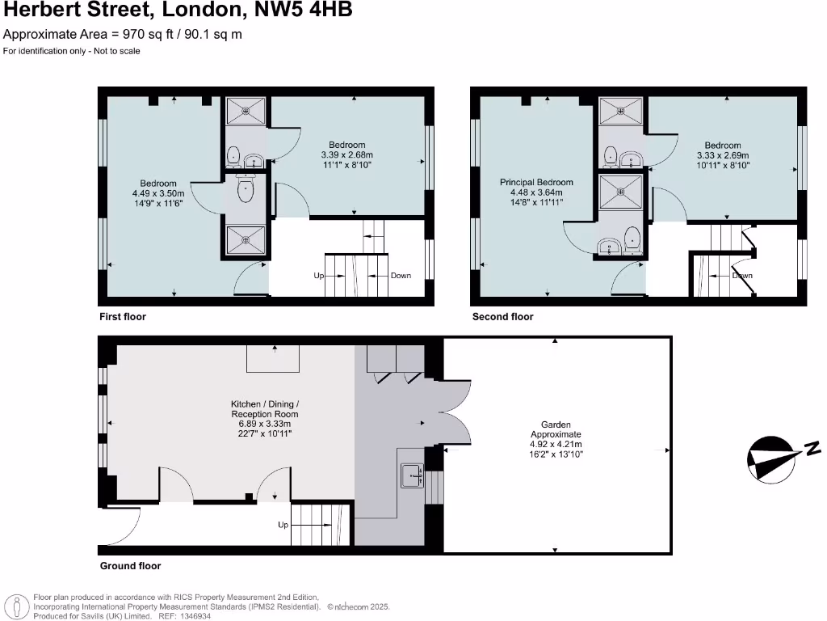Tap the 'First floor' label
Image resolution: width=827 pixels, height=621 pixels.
point(123,317)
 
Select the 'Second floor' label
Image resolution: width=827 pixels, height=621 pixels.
point(502,317)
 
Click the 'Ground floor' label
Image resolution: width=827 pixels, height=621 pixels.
point(130,566)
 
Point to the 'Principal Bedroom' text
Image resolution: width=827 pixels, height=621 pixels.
point(536,183)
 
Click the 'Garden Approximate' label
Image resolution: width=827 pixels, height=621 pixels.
point(556,429)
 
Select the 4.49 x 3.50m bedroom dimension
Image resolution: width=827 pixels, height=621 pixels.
point(158,194)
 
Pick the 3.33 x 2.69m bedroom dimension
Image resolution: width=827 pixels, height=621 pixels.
point(723,156)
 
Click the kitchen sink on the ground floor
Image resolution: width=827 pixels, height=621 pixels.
point(412,475)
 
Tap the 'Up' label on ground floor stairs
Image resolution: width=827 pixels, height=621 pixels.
point(283,525)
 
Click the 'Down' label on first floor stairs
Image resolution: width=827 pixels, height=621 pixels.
point(401,276)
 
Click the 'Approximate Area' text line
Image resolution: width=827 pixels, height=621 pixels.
point(123,34)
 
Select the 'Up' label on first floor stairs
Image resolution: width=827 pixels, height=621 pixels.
point(319,276)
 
